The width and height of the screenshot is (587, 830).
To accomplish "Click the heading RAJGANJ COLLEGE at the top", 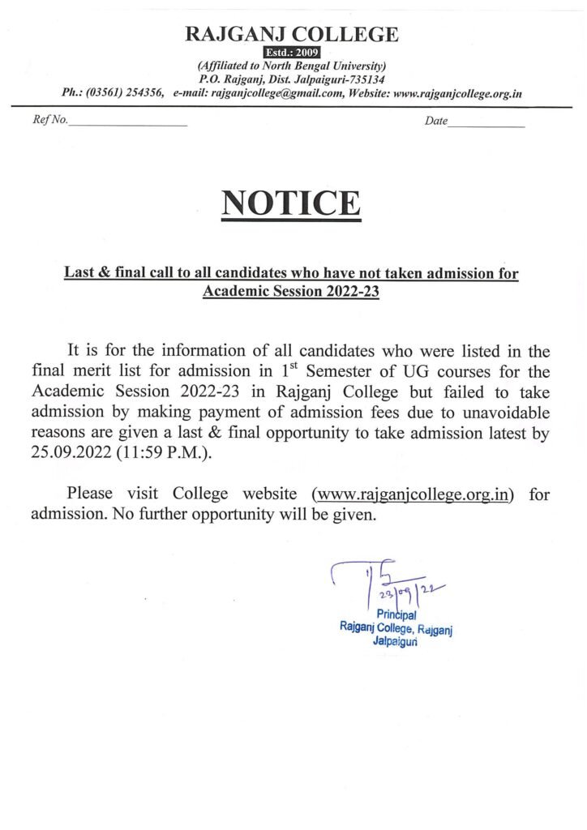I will pos(293,34).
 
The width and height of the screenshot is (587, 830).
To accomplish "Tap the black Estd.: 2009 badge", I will pos(293,53).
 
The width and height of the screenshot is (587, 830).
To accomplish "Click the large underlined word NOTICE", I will pos(291,203).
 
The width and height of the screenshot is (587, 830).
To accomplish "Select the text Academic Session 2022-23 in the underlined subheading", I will pos(291,291).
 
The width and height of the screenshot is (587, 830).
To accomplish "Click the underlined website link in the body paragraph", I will pos(413,494).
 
